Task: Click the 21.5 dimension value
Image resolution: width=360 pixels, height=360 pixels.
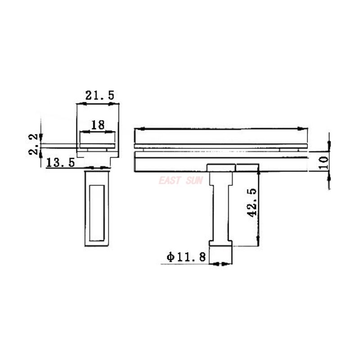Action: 100,95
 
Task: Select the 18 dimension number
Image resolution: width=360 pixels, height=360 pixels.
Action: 98,125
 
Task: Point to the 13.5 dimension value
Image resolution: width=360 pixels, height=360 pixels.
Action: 60,162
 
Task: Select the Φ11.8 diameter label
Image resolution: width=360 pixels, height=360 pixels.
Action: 186,257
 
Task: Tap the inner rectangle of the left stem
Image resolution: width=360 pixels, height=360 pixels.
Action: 97,212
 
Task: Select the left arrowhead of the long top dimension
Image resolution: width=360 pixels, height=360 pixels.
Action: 138,130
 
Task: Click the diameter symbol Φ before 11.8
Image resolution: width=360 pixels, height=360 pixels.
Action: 170,257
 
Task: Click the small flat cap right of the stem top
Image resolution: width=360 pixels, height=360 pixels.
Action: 247,168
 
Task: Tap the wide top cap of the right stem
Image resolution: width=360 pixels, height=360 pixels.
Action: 221,168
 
